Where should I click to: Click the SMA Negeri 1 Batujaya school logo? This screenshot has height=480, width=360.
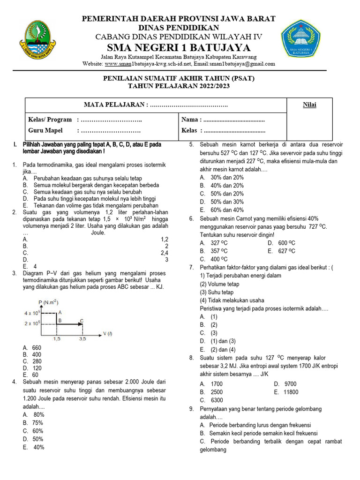coord(301,40)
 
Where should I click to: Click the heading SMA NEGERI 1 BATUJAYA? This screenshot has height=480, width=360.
coord(179,48)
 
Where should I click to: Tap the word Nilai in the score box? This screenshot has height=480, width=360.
coord(309,105)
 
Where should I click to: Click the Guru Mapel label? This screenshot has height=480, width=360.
coord(45,130)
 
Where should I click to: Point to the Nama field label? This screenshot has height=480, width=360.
coord(191,120)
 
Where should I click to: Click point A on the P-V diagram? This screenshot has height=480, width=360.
coord(60,312)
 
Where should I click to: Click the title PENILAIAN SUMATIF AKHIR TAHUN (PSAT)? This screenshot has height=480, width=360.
coord(179,78)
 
